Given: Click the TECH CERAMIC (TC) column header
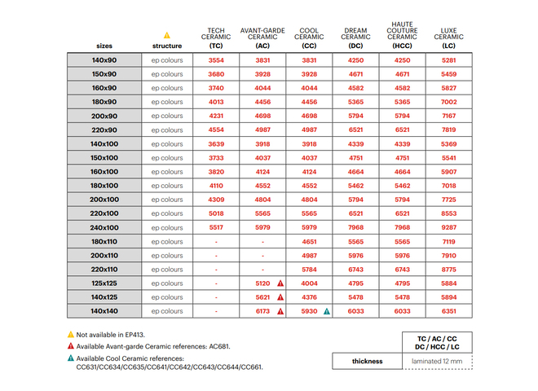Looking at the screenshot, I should pyautogui.click(x=216, y=38).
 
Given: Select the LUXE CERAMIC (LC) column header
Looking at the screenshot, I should pyautogui.click(x=448, y=38).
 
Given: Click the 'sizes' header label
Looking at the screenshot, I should pyautogui.click(x=104, y=46).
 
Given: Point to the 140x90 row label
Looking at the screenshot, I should pyautogui.click(x=104, y=61).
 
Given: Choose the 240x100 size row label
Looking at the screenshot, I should pyautogui.click(x=104, y=227).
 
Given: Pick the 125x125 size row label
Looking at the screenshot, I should pyautogui.click(x=104, y=283).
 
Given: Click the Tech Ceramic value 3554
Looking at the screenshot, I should pyautogui.click(x=216, y=61).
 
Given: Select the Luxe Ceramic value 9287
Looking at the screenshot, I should pyautogui.click(x=448, y=227).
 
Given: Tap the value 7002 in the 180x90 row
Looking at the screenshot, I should pyautogui.click(x=448, y=103).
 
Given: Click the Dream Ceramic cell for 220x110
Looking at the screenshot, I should pyautogui.click(x=355, y=269).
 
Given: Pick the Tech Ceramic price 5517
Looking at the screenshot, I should pyautogui.click(x=216, y=227).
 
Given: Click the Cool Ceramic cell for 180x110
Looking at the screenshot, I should pyautogui.click(x=309, y=241).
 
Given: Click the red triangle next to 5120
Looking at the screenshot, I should pyautogui.click(x=280, y=283).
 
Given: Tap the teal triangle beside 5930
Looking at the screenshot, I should pyautogui.click(x=327, y=310).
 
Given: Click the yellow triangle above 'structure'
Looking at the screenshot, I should pyautogui.click(x=167, y=35).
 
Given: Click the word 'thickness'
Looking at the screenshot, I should pyautogui.click(x=367, y=361).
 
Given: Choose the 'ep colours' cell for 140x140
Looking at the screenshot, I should pyautogui.click(x=167, y=310).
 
